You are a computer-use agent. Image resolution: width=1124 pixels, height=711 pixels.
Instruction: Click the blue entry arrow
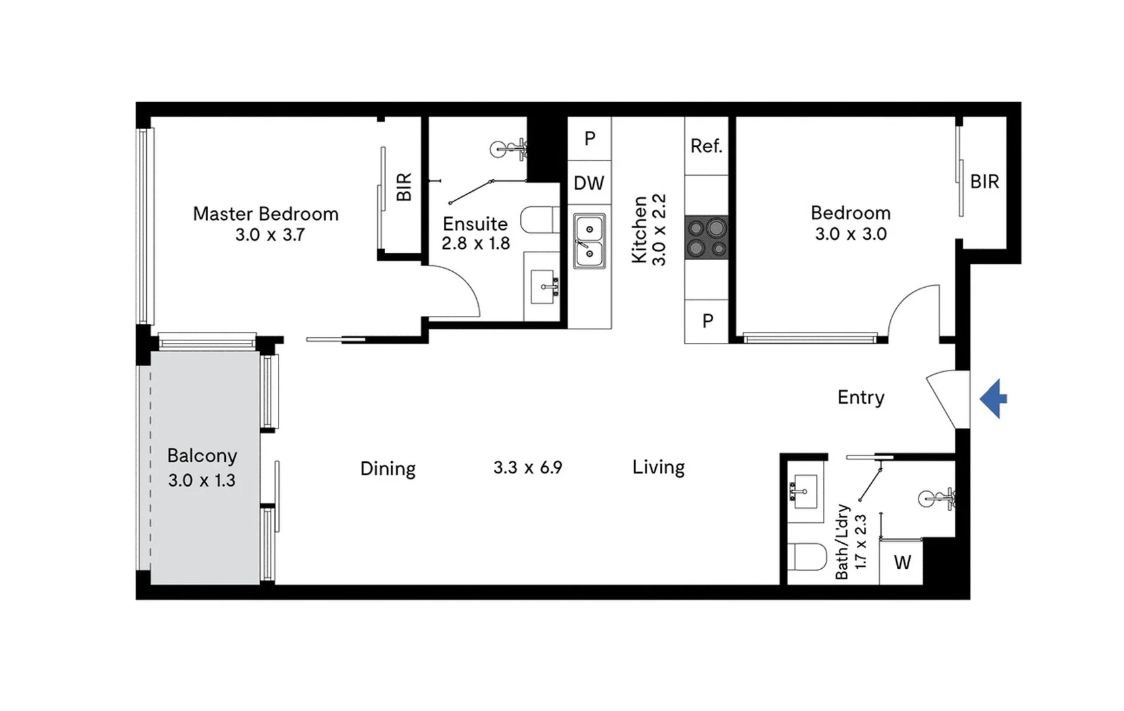[x=994, y=399]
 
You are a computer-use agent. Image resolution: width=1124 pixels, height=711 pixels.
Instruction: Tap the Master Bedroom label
[x=265, y=214]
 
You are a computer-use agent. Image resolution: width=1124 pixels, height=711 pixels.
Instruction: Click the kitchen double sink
[x=589, y=241]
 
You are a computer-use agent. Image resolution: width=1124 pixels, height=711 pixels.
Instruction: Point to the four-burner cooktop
[x=707, y=238]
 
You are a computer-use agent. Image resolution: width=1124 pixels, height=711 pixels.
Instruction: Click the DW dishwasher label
[x=589, y=183]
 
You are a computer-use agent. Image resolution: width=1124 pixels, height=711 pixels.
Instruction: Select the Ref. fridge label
[x=706, y=146]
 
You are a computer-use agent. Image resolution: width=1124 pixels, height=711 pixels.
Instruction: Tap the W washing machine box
[x=902, y=562]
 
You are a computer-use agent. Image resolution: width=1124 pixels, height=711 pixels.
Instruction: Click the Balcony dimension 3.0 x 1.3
[x=201, y=481]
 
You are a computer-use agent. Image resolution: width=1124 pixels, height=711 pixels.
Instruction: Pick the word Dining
[x=388, y=469]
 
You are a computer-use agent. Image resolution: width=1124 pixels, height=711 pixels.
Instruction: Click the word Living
[x=658, y=467]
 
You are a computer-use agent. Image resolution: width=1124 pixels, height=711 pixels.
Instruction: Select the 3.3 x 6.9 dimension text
[x=527, y=468]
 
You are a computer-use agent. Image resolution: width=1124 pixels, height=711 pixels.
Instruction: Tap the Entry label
[x=861, y=397]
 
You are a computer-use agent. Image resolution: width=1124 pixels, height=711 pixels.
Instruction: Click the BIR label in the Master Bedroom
[x=404, y=187]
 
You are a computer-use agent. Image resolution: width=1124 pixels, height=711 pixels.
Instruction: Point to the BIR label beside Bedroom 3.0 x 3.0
[x=984, y=182]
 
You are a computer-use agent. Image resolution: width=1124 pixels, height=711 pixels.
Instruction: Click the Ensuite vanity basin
[x=543, y=288]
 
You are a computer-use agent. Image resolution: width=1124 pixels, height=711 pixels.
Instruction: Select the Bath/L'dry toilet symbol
[x=807, y=558]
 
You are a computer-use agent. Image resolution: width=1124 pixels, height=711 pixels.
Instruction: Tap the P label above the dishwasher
[x=590, y=138]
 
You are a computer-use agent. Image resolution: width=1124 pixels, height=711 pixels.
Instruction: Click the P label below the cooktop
[x=708, y=321]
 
